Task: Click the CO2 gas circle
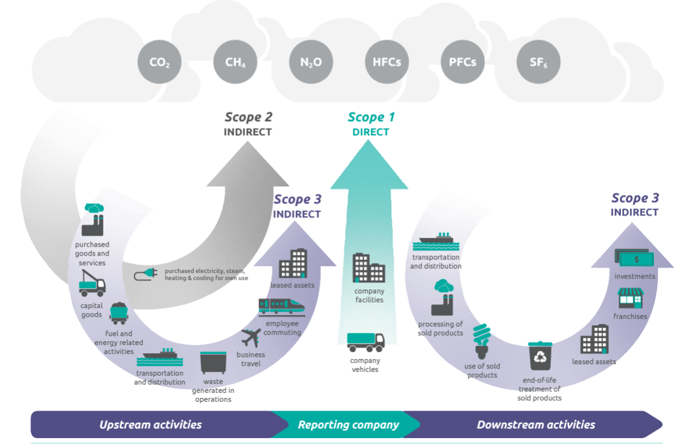(x=159, y=62)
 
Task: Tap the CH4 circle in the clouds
(x=235, y=62)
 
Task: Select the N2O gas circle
(x=311, y=62)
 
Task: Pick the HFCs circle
(x=387, y=62)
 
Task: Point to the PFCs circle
(x=463, y=62)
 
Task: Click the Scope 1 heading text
(x=371, y=117)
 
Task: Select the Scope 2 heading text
(x=248, y=117)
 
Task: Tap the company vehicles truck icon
(x=366, y=342)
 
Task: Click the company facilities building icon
(x=369, y=268)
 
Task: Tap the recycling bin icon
(x=540, y=356)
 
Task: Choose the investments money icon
(x=634, y=258)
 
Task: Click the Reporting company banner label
(x=348, y=425)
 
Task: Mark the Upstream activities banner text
(x=151, y=425)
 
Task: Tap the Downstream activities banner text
(x=536, y=425)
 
